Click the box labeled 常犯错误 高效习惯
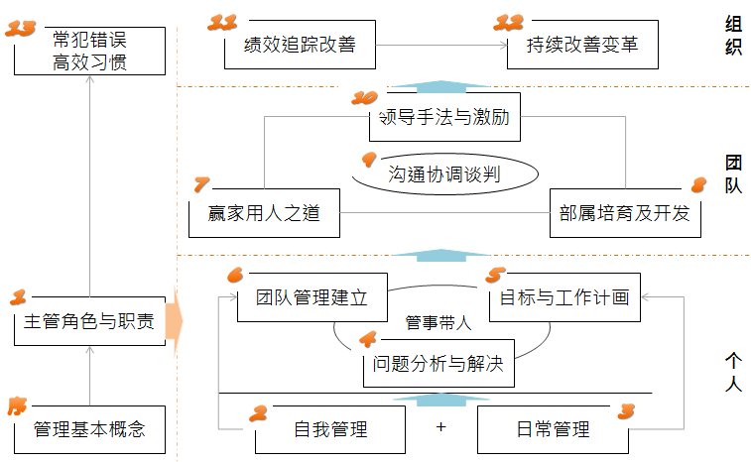pyautogui.click(x=89, y=52)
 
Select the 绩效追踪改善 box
pyautogui.click(x=299, y=46)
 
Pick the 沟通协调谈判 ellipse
pyautogui.click(x=443, y=174)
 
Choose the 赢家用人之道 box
pyautogui.click(x=262, y=212)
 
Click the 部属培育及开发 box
pyautogui.click(x=625, y=212)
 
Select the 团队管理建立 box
pyautogui.click(x=312, y=297)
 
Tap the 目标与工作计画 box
pyautogui.click(x=564, y=297)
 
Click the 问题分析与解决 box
pyautogui.click(x=438, y=364)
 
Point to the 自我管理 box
pyautogui.click(x=330, y=429)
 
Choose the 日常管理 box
pyautogui.click(x=553, y=429)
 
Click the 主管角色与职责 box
pyautogui.click(x=89, y=322)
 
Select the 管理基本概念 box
pyautogui.click(x=89, y=429)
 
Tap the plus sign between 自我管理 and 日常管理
pyautogui.click(x=440, y=428)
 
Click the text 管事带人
pyautogui.click(x=438, y=322)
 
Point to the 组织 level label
pyautogui.click(x=733, y=37)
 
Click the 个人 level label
pyautogui.click(x=733, y=371)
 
